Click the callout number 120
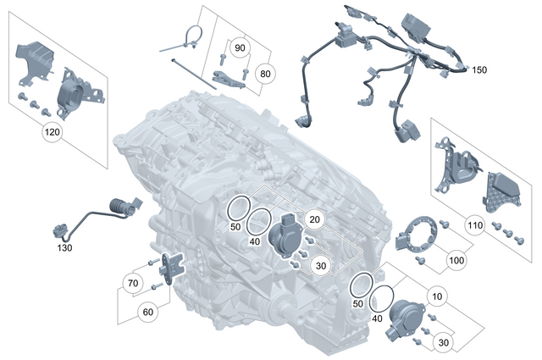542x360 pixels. tap(53, 133)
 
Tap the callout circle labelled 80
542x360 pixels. tap(265, 73)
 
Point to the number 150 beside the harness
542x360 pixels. tap(479, 69)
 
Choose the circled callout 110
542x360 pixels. tap(475, 225)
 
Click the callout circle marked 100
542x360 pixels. tap(456, 260)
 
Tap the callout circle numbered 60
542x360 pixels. tap(148, 312)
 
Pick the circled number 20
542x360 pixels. tap(314, 219)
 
